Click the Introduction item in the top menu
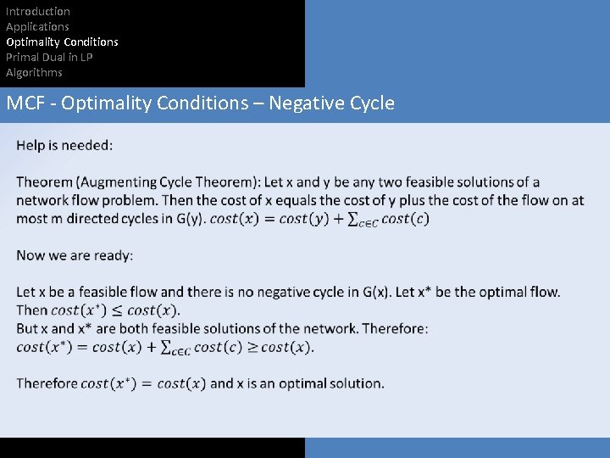[38, 11]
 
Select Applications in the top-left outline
[37, 26]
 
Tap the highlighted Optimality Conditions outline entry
[62, 42]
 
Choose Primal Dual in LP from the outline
[49, 57]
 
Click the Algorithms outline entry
[34, 72]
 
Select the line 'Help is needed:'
[64, 145]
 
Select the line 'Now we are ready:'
[75, 255]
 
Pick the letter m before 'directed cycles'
[52, 219]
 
